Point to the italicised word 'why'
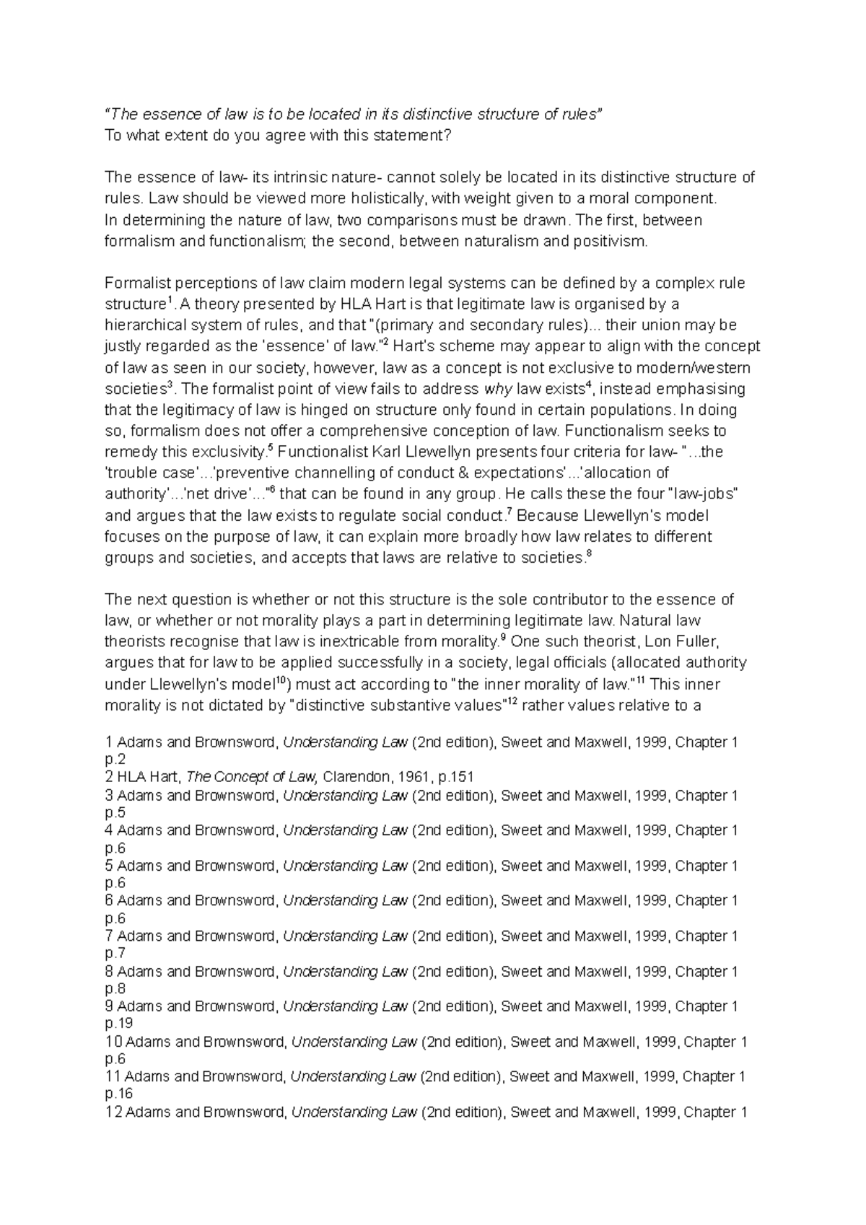pyautogui.click(x=497, y=389)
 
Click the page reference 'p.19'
pyautogui.click(x=119, y=1023)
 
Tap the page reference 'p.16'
pyautogui.click(x=119, y=1094)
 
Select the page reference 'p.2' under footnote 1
pyautogui.click(x=115, y=760)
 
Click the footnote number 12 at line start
pyautogui.click(x=113, y=1112)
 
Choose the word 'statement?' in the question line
pyautogui.click(x=416, y=136)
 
